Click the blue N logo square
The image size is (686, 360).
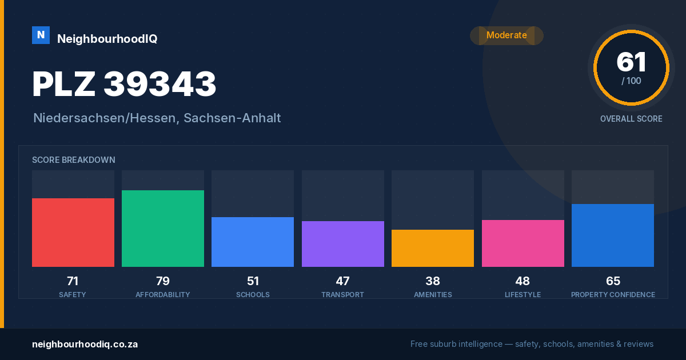click(x=41, y=35)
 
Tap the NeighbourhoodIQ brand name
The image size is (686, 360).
click(x=107, y=39)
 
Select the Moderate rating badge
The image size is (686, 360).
click(x=506, y=35)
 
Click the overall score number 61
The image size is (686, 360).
click(x=631, y=62)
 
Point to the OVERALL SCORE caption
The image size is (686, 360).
click(x=631, y=119)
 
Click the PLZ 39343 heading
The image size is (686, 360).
click(x=124, y=84)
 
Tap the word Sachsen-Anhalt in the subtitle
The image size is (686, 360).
click(x=232, y=118)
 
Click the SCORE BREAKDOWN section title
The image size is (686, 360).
click(x=74, y=160)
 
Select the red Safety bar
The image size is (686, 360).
click(x=73, y=233)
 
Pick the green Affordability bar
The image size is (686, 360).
click(x=163, y=229)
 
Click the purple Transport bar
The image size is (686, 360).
click(x=342, y=243)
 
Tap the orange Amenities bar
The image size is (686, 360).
click(x=432, y=248)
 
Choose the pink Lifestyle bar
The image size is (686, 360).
click(x=523, y=243)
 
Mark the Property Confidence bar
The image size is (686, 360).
click(x=612, y=235)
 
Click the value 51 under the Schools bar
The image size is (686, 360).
click(x=253, y=281)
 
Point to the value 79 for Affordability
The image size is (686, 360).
click(x=163, y=281)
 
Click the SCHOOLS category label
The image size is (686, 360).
click(x=253, y=294)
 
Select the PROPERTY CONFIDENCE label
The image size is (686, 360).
click(x=613, y=294)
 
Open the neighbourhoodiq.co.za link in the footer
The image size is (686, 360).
click(x=85, y=345)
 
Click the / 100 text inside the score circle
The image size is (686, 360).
click(x=631, y=81)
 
